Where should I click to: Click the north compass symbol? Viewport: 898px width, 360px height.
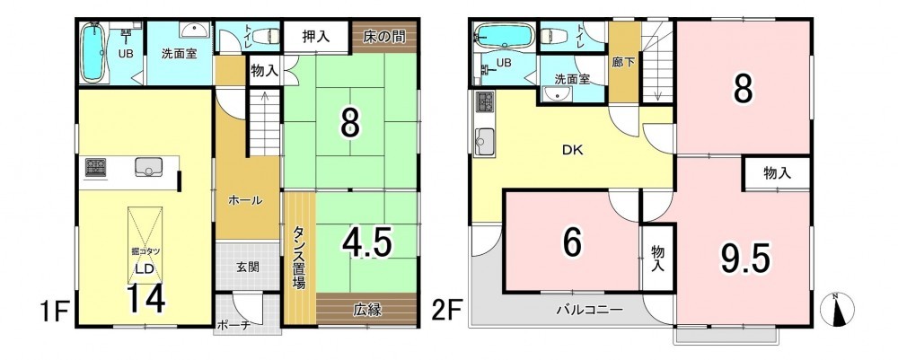tap(837, 310)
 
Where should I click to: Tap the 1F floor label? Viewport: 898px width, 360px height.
tap(55, 313)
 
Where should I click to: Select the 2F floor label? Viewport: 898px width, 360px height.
tap(447, 313)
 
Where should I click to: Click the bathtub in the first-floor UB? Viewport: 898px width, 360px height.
tap(92, 53)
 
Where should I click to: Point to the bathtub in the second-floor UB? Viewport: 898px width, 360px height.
tap(503, 36)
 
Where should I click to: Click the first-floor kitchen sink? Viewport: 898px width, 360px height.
tap(149, 167)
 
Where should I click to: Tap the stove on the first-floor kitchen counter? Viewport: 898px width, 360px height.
tap(96, 167)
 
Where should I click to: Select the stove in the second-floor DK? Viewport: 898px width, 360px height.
tap(483, 102)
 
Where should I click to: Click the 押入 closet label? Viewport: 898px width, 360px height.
tap(315, 37)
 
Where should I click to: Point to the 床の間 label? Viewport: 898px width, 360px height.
tap(383, 37)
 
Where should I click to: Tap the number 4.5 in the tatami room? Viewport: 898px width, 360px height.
tap(366, 243)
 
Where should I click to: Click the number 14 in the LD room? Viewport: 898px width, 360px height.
tap(145, 298)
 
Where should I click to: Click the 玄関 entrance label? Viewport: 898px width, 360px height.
tap(249, 267)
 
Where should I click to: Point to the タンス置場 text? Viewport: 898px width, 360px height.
tap(299, 257)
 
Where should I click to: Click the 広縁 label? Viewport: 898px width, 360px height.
tap(366, 311)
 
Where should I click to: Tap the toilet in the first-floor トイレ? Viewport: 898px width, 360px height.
tap(265, 36)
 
